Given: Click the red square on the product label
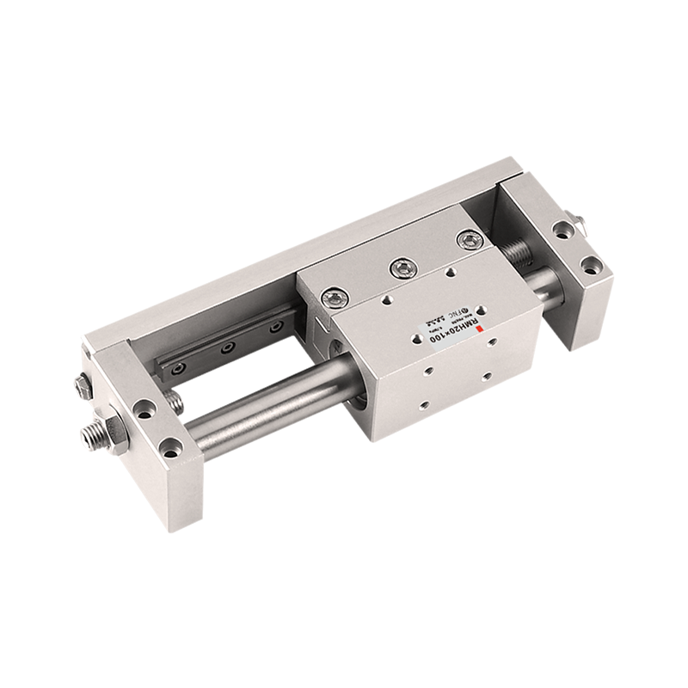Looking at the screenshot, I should (x=483, y=329).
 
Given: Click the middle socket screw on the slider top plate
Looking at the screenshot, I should (x=400, y=269).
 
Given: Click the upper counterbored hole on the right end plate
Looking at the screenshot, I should (x=562, y=230).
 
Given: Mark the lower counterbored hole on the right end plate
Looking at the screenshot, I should (x=590, y=265).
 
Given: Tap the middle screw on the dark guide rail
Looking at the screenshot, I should (x=228, y=348).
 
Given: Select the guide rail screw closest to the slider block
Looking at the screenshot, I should (x=275, y=327).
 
